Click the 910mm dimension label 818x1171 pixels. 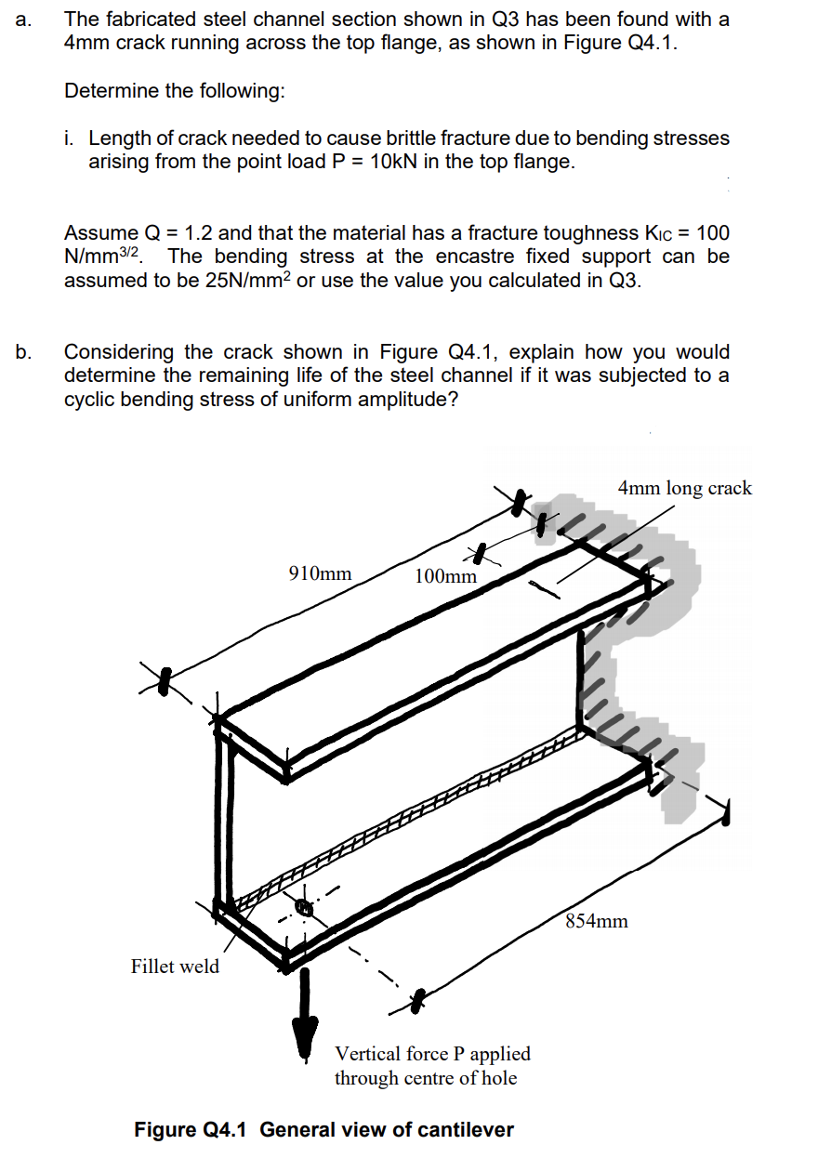pos(320,573)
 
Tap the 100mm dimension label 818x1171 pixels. pos(445,576)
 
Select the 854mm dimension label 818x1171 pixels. pos(597,921)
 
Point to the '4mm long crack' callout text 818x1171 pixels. pos(684,488)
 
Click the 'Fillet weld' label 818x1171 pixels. pos(175,967)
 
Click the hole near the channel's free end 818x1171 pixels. pos(304,906)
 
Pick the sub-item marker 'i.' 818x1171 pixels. pos(71,138)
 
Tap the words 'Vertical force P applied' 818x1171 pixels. pos(432,1054)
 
